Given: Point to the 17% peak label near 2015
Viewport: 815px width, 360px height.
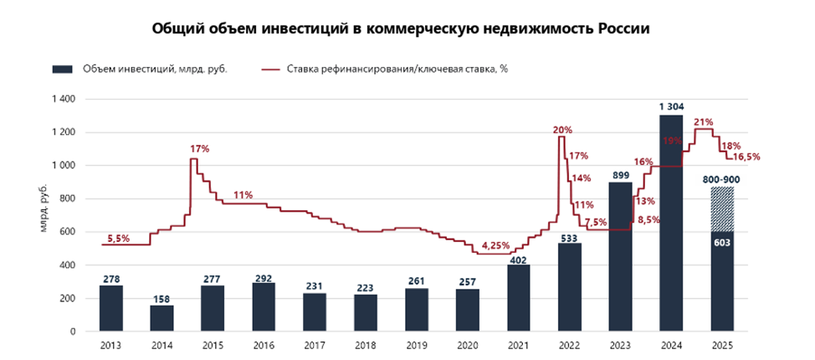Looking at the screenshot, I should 199,148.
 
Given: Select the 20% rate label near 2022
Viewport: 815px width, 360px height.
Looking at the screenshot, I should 562,129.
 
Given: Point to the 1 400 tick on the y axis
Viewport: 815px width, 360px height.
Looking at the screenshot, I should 64,100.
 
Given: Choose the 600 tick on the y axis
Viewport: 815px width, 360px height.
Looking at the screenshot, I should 68,232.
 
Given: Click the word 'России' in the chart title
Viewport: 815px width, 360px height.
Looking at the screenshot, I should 613,28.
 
